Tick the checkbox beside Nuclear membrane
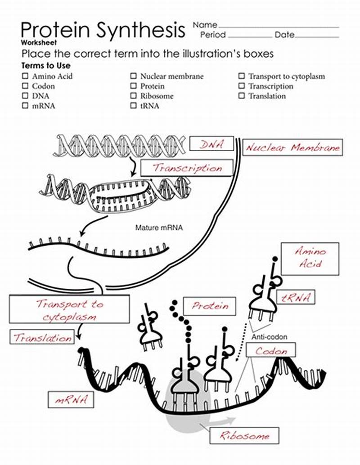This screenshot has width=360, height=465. tap(134, 76)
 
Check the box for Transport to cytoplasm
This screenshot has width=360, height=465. tap(242, 76)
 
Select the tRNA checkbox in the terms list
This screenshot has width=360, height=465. tap(134, 106)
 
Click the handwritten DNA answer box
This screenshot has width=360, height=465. tap(211, 144)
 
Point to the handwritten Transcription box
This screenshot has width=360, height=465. tap(187, 168)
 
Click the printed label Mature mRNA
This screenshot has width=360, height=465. tap(159, 228)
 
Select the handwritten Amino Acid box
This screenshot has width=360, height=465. tap(310, 258)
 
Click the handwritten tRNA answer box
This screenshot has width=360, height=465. tap(296, 297)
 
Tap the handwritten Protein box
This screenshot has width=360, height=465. tap(210, 306)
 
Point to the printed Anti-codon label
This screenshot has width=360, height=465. tap(269, 337)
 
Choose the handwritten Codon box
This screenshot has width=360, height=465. tap(271, 351)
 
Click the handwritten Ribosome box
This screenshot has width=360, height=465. tap(244, 435)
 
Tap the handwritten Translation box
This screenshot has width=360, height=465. tap(43, 337)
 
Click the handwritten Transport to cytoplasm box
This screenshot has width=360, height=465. tap(69, 310)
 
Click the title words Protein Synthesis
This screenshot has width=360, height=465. tap(103, 30)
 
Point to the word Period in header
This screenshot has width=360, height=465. tap(213, 35)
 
